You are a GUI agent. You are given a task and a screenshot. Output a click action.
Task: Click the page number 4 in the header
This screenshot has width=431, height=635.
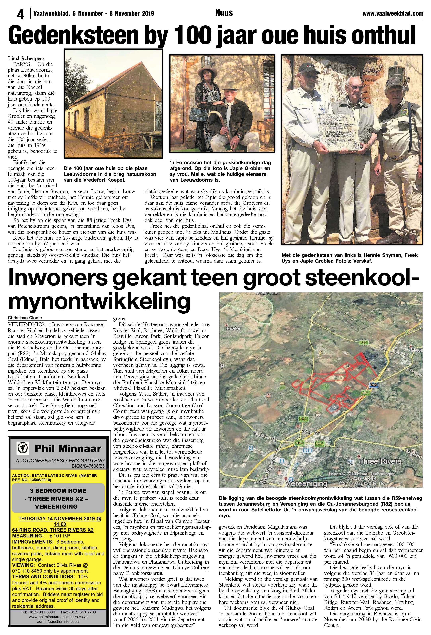click(x=20, y=14)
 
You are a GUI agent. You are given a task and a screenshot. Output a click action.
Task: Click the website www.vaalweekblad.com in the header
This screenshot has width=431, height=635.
click(x=393, y=13)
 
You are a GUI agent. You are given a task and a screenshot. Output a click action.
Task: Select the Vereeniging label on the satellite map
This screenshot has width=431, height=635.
click(x=306, y=484)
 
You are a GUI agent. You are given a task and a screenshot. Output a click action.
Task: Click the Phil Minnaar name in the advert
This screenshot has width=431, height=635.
click(x=68, y=448)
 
